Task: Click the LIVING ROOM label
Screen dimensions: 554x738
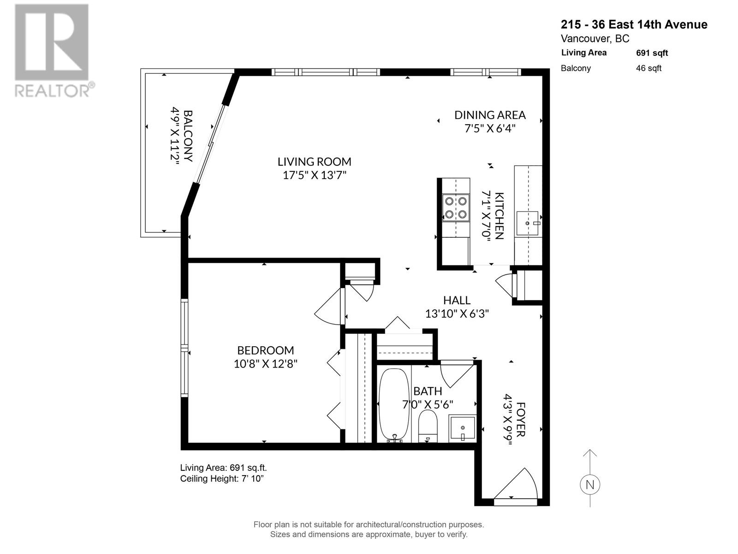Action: [314, 162]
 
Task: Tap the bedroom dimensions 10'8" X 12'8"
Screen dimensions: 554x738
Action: [265, 364]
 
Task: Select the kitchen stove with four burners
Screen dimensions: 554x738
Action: [455, 208]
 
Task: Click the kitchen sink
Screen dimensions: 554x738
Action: [528, 223]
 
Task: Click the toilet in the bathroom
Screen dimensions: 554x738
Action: [428, 425]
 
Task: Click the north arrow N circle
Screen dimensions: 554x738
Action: [590, 485]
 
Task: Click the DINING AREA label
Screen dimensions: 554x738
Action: [490, 115]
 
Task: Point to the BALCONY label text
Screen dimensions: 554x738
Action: [188, 135]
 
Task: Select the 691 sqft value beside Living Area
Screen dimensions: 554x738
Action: [652, 53]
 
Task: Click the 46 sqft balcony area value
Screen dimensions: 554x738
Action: [649, 68]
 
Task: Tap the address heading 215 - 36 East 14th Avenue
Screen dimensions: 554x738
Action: [634, 24]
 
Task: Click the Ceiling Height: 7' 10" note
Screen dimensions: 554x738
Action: [221, 479]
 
